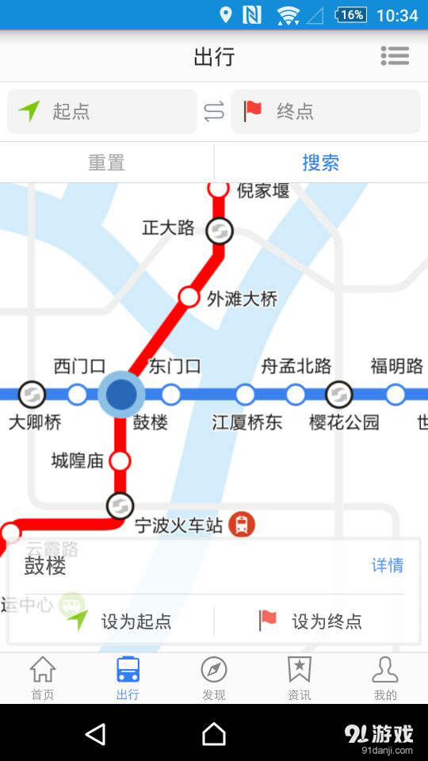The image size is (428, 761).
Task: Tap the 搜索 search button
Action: (320, 163)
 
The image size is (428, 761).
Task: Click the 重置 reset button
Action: (106, 163)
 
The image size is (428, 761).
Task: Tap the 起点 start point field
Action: (101, 112)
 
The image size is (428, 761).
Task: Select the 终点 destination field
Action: (325, 112)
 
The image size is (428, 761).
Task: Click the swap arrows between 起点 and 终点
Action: (214, 112)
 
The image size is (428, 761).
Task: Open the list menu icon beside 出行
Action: (395, 55)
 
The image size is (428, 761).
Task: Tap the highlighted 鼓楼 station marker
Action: (121, 394)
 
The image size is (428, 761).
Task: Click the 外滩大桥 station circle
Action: (189, 297)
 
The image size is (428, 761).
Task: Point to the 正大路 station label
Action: (168, 228)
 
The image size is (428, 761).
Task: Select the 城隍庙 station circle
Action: (120, 461)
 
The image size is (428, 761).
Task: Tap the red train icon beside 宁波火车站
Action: (242, 524)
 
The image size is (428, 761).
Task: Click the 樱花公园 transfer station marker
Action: (339, 394)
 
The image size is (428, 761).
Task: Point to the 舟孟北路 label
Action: (296, 366)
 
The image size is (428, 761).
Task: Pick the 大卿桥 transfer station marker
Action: (32, 394)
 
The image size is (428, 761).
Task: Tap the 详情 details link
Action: (388, 565)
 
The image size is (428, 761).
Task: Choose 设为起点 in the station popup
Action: (119, 621)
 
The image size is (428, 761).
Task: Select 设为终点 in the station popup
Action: (311, 621)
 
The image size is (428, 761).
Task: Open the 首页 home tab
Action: (43, 679)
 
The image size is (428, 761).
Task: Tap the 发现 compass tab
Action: (214, 679)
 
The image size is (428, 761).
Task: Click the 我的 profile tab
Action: (385, 679)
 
